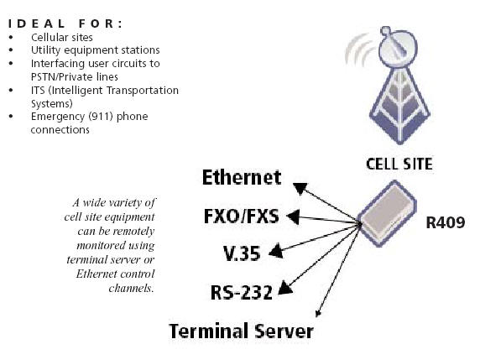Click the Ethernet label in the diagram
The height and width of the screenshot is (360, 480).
(242, 177)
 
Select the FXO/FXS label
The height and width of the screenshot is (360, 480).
(242, 216)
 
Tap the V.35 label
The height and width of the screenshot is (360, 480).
(242, 253)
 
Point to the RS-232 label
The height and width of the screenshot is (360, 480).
(242, 292)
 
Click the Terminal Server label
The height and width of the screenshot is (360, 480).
(241, 331)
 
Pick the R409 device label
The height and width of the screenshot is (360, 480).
(446, 222)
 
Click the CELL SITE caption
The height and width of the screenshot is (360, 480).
(399, 164)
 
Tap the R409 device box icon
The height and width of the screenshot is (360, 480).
(387, 213)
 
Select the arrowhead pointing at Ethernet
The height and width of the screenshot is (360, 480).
(300, 188)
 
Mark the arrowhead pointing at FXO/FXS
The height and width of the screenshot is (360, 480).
(293, 217)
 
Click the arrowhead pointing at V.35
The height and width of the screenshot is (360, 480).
(276, 251)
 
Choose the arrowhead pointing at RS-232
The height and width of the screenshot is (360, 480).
(285, 288)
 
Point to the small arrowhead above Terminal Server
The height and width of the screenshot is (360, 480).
(318, 314)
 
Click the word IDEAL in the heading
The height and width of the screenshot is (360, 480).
(36, 23)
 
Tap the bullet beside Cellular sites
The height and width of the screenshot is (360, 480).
(11, 38)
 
